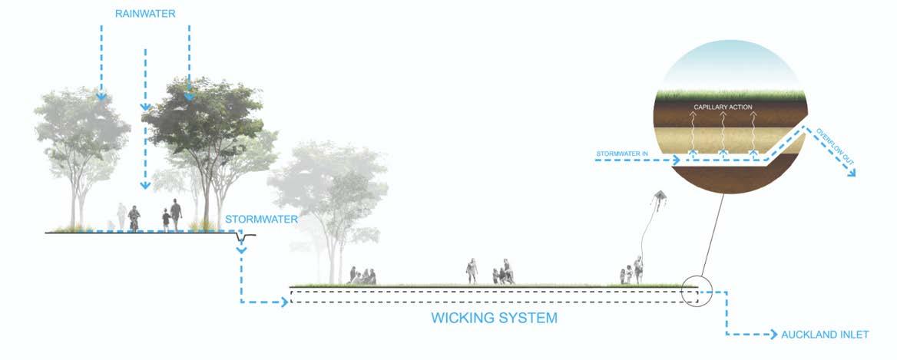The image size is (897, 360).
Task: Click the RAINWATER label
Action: point(144,14)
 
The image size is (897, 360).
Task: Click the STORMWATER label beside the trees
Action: point(261,219)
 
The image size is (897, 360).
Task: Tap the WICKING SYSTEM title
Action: point(494,317)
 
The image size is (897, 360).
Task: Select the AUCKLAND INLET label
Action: point(826,335)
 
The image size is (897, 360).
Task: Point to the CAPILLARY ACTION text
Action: point(723,107)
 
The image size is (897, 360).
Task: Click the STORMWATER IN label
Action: point(623,154)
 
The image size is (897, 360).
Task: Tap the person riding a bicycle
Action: point(134,218)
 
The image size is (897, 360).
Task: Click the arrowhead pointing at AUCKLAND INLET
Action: point(773,335)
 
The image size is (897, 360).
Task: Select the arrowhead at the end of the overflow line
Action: point(850,173)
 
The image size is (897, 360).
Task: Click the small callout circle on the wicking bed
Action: point(697,291)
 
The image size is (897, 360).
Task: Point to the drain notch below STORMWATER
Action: point(242,240)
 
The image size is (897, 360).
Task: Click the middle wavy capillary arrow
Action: point(723,134)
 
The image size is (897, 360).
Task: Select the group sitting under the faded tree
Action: point(362,276)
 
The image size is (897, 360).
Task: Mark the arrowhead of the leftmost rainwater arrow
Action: point(101,97)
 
